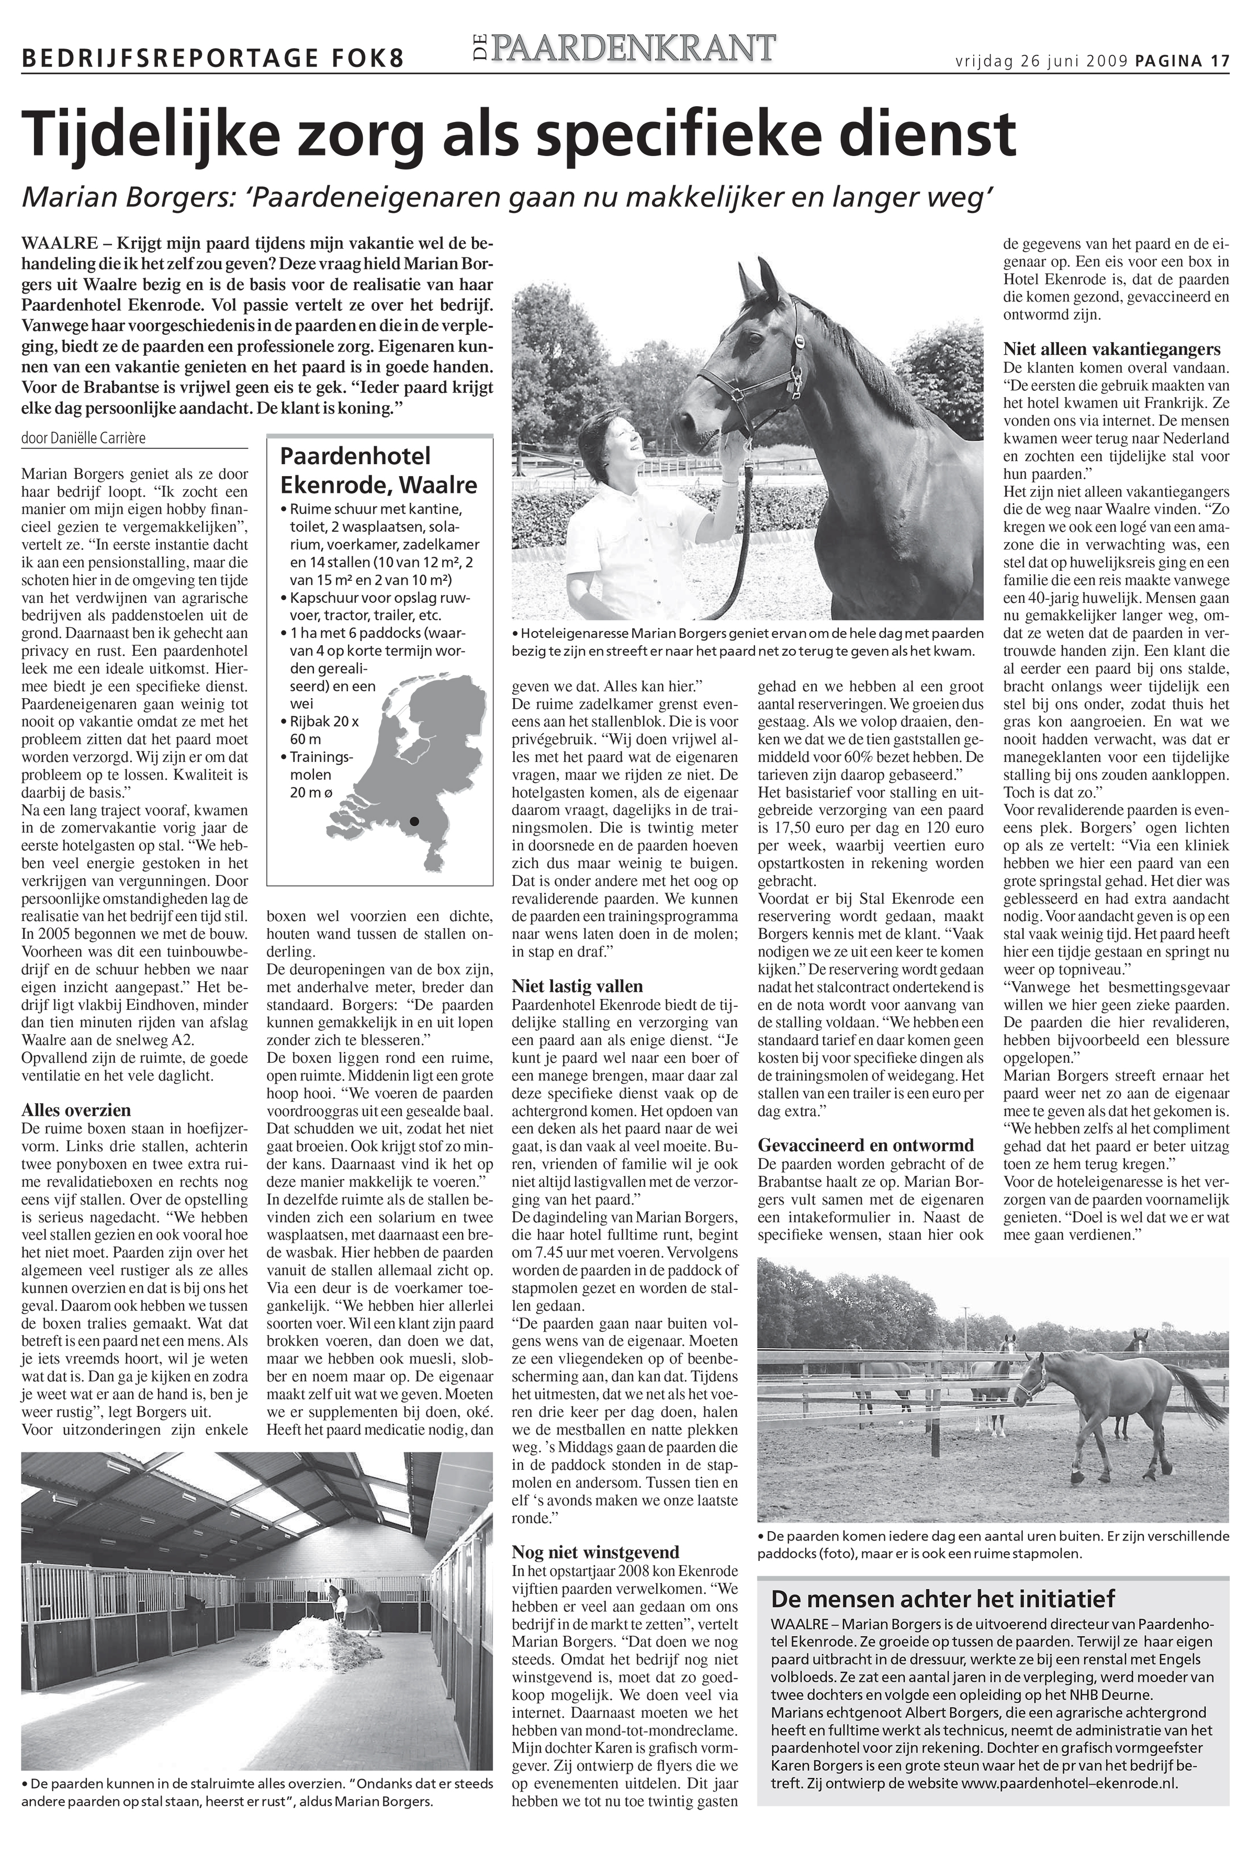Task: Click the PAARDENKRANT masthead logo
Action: tap(621, 49)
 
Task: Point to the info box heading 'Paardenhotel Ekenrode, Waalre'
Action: tap(378, 470)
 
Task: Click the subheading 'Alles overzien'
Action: tap(76, 1110)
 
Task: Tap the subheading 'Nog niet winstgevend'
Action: tap(595, 1552)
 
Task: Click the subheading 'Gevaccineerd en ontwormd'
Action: tap(866, 1145)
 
